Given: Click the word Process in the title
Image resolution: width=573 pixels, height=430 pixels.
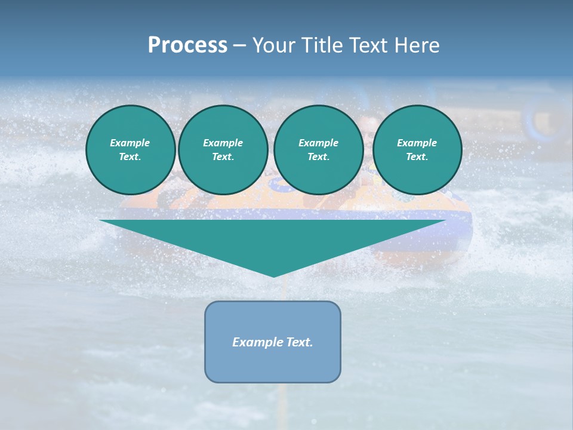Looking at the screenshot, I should pos(187,45).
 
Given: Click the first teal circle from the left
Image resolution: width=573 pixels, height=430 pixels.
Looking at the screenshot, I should pos(131,150).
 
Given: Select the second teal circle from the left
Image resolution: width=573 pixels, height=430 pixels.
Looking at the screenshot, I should pos(223,150).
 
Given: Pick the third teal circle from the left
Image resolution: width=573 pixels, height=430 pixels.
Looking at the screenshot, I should pos(319,150).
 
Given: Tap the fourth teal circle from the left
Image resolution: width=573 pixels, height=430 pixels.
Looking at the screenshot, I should pos(417,150).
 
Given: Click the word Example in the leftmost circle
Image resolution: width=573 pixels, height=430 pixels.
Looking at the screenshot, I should pos(130,143).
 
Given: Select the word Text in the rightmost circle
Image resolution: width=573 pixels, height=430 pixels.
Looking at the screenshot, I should pos(417,157).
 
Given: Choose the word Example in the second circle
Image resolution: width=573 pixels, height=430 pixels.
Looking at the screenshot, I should pos(223,143).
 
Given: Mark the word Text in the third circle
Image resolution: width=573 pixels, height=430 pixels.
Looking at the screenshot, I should pos(318,157).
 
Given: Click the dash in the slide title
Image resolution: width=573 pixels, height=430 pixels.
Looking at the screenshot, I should pos(239,45).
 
